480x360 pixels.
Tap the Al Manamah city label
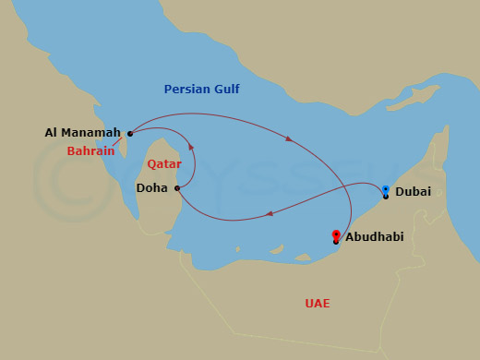(x=83, y=133)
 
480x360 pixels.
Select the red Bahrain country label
(x=90, y=151)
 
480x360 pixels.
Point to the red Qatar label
(x=163, y=163)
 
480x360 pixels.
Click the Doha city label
(x=151, y=187)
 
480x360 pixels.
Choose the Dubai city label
(x=413, y=193)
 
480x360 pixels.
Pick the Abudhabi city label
(x=375, y=237)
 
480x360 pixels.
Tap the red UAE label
(x=317, y=304)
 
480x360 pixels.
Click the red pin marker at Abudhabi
(x=335, y=235)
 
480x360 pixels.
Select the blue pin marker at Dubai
(x=386, y=191)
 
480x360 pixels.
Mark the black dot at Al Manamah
(x=130, y=133)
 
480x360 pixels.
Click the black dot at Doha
(x=176, y=187)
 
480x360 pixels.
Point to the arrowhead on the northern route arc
(x=290, y=139)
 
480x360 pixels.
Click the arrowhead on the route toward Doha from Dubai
(x=269, y=215)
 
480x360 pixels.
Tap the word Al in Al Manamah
(x=52, y=133)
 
